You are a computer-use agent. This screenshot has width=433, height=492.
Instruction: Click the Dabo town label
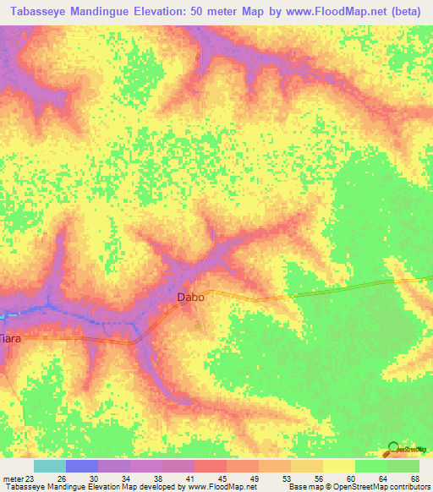tap(189, 297)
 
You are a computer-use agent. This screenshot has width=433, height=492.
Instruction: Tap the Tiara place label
tap(8, 338)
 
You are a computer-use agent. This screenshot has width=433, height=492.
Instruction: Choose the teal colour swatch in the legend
tap(50, 466)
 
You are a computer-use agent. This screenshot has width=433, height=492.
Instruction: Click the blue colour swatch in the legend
tap(82, 466)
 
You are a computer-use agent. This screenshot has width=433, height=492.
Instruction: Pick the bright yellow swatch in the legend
tap(339, 466)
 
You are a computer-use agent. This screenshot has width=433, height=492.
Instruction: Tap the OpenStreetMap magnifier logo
tap(393, 450)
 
